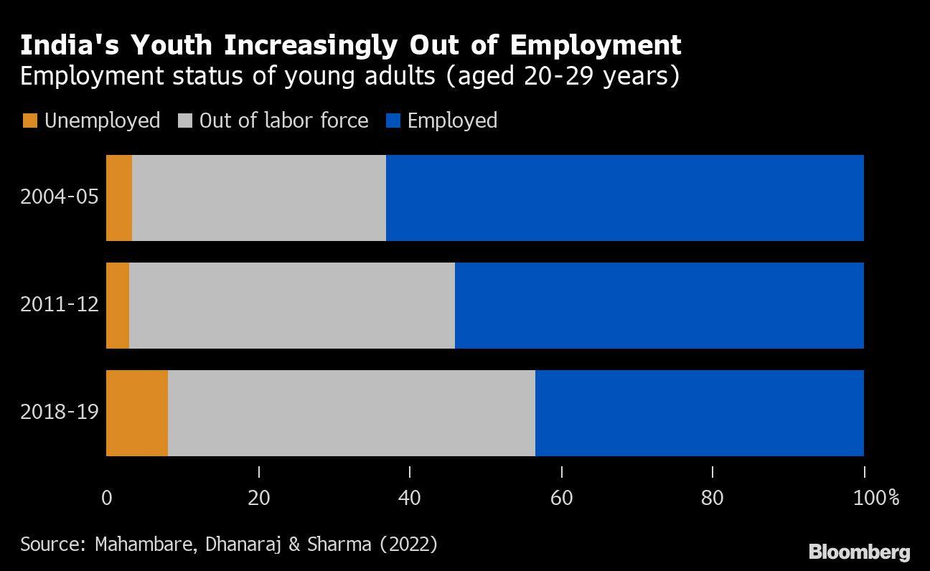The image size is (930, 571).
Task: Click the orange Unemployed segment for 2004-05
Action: click(119, 198)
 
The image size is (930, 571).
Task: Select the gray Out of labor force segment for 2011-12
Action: click(292, 306)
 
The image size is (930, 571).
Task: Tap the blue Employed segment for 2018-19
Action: click(700, 413)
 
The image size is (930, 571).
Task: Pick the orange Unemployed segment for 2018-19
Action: click(137, 413)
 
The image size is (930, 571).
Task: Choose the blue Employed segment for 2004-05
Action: click(625, 198)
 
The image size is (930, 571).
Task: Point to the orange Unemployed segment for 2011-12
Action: click(118, 306)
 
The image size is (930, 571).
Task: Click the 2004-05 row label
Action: click(59, 197)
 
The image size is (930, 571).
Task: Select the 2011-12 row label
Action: click(59, 304)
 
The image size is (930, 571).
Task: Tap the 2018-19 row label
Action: click(59, 412)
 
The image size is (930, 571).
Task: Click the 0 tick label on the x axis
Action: click(107, 497)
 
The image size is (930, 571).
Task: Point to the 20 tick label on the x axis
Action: click(258, 497)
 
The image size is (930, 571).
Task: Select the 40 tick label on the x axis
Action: click(410, 497)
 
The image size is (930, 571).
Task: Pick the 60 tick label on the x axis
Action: click(561, 497)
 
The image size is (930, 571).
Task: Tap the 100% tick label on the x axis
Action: click(875, 497)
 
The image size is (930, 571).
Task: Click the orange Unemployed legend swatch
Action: click(29, 121)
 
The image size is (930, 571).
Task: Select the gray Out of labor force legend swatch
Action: click(184, 121)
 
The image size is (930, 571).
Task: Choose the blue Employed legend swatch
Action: click(393, 121)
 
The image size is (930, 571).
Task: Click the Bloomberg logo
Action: click(859, 552)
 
